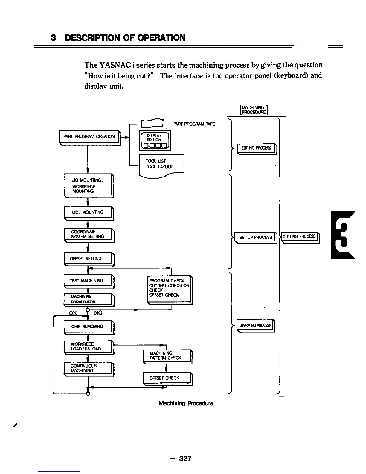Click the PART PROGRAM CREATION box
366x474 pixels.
point(89,137)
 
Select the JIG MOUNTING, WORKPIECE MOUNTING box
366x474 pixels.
point(89,186)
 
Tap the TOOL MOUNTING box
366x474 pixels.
point(89,213)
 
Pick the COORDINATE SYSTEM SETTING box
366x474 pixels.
point(89,235)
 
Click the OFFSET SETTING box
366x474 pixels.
point(89,259)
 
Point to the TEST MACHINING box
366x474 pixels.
point(89,281)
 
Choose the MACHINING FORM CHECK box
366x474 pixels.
point(89,299)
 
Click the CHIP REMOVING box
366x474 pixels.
point(89,327)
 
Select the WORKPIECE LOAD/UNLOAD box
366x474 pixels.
point(89,347)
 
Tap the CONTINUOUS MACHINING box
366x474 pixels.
point(89,368)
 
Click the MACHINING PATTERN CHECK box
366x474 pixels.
point(167,356)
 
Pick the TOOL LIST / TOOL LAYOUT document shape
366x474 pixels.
point(161,165)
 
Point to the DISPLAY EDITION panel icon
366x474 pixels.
point(155,141)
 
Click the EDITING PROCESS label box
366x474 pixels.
point(257,148)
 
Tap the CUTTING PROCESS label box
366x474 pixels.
point(300,237)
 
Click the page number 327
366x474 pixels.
point(185,458)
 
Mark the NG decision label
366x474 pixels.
point(98,313)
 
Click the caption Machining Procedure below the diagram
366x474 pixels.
point(186,404)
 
